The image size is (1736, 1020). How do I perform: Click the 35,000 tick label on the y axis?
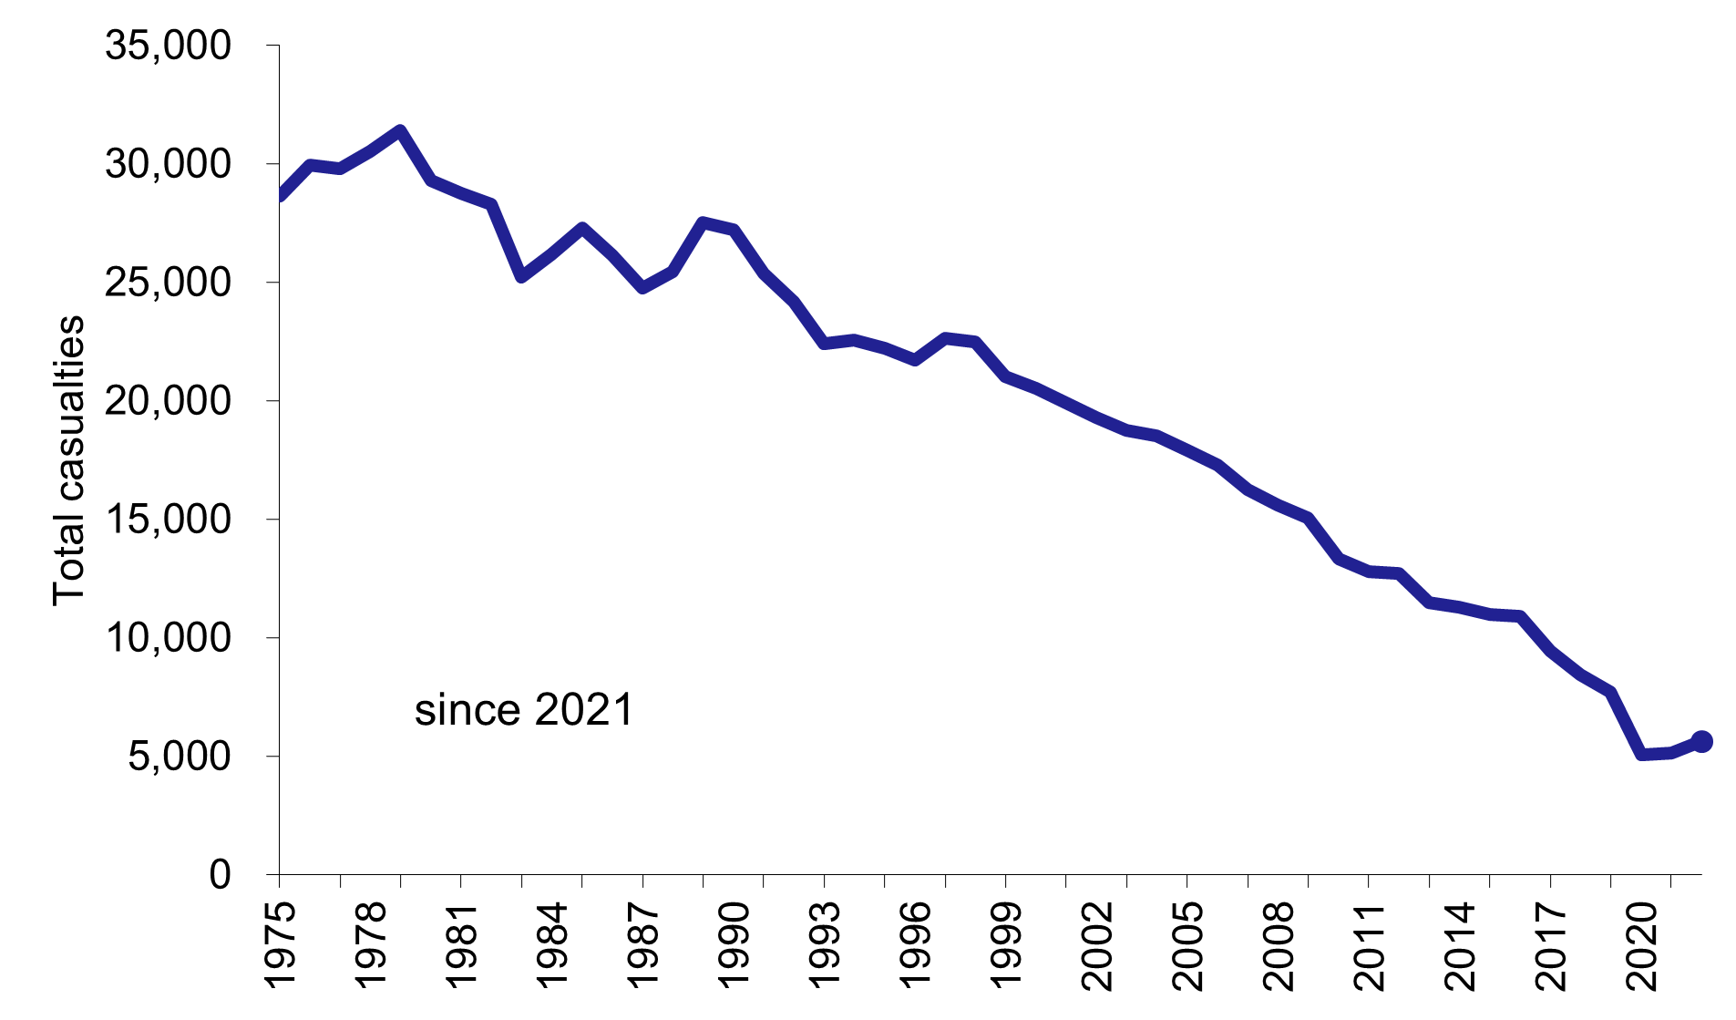coord(168,46)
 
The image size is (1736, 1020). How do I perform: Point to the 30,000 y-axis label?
coord(168,164)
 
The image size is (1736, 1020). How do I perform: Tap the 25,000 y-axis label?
coord(168,283)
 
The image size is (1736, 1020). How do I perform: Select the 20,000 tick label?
coord(168,401)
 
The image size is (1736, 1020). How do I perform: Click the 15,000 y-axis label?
coord(168,520)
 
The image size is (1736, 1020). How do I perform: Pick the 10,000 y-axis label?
coord(168,638)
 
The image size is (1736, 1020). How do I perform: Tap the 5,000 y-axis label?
coord(179,757)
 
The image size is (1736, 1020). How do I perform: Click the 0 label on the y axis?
coord(220,875)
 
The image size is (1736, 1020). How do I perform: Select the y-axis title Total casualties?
coord(68,460)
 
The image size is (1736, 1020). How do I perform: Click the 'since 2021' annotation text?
coord(523,710)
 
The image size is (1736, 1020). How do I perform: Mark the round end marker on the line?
coord(1701,741)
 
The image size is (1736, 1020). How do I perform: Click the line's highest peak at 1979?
coord(400,130)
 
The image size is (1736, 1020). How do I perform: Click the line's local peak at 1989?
coord(703,222)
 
